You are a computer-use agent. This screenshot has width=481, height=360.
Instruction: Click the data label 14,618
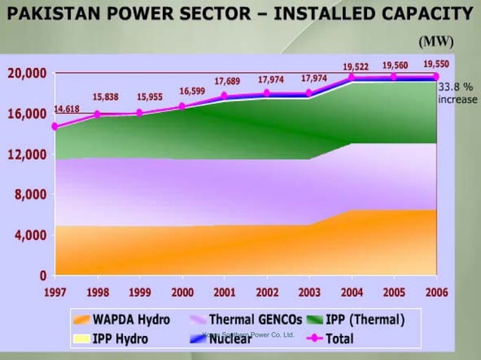pyautogui.click(x=67, y=109)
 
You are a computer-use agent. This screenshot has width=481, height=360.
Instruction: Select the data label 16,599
pyautogui.click(x=191, y=91)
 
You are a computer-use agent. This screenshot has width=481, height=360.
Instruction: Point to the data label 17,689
pyautogui.click(x=227, y=81)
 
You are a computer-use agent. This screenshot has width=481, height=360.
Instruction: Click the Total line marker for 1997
pyautogui.click(x=55, y=127)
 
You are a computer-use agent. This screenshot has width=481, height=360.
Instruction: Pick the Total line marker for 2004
pyautogui.click(x=351, y=77)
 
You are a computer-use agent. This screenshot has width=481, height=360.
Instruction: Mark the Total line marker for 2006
pyautogui.click(x=436, y=76)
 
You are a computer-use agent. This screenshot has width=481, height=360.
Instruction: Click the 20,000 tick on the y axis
pyautogui.click(x=27, y=74)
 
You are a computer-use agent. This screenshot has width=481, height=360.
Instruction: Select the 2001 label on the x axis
pyautogui.click(x=225, y=291)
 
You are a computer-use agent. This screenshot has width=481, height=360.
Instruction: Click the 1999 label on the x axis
pyautogui.click(x=139, y=291)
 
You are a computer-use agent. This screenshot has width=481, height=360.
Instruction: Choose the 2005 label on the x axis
pyautogui.click(x=394, y=291)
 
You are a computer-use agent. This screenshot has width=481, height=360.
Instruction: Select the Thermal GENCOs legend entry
pyautogui.click(x=246, y=319)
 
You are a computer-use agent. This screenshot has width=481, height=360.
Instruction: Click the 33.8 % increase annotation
pyautogui.click(x=458, y=93)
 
